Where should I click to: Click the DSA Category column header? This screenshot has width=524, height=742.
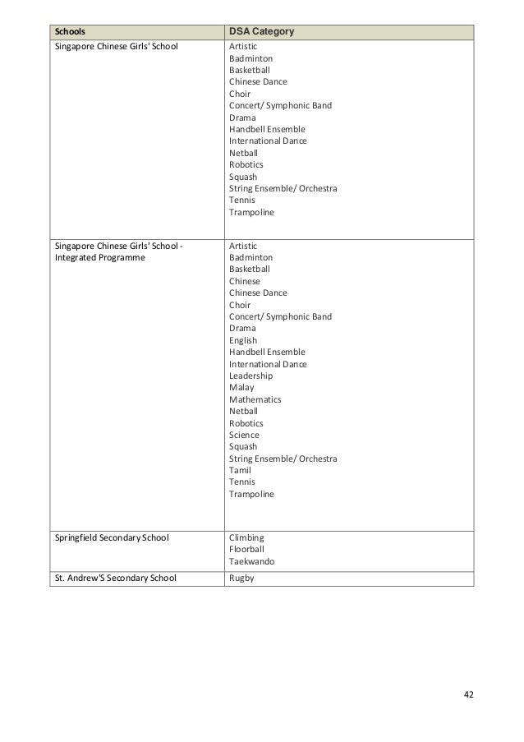pyautogui.click(x=262, y=31)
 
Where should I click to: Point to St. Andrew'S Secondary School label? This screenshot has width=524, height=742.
pyautogui.click(x=113, y=578)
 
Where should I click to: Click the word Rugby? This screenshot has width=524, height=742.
pyautogui.click(x=242, y=578)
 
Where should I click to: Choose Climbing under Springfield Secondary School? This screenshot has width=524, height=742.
pyautogui.click(x=246, y=539)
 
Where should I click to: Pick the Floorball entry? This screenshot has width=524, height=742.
pyautogui.click(x=247, y=551)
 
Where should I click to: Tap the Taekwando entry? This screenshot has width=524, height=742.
pyautogui.click(x=252, y=563)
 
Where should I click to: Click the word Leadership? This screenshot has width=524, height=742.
pyautogui.click(x=251, y=376)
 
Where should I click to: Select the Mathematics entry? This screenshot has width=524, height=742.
pyautogui.click(x=255, y=399)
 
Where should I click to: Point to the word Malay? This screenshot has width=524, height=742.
pyautogui.click(x=241, y=387)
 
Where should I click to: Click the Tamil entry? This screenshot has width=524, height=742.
pyautogui.click(x=241, y=470)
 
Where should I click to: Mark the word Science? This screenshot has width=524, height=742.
pyautogui.click(x=244, y=435)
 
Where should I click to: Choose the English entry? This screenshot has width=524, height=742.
pyautogui.click(x=243, y=340)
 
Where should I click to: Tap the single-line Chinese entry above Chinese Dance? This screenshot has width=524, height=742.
pyautogui.click(x=245, y=281)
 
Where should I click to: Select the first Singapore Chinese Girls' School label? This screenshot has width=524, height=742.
pyautogui.click(x=116, y=47)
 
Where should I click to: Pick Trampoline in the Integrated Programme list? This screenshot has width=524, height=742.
pyautogui.click(x=252, y=495)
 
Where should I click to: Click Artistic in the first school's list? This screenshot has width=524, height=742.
pyautogui.click(x=244, y=47)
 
